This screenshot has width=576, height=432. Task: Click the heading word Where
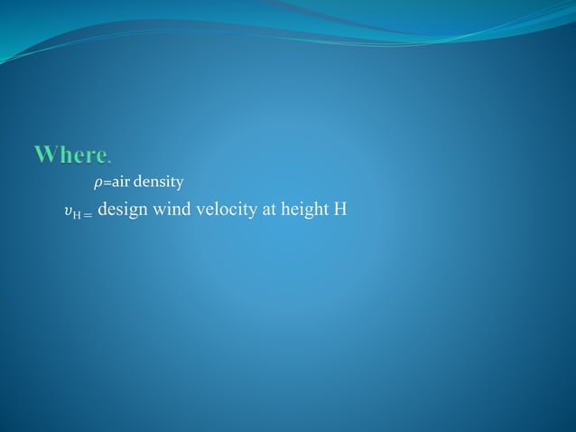pos(71,155)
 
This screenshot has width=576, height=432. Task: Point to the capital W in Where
pos(45,155)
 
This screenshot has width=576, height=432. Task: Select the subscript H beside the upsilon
pos(76,215)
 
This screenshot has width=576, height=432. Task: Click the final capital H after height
pos(340,211)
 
